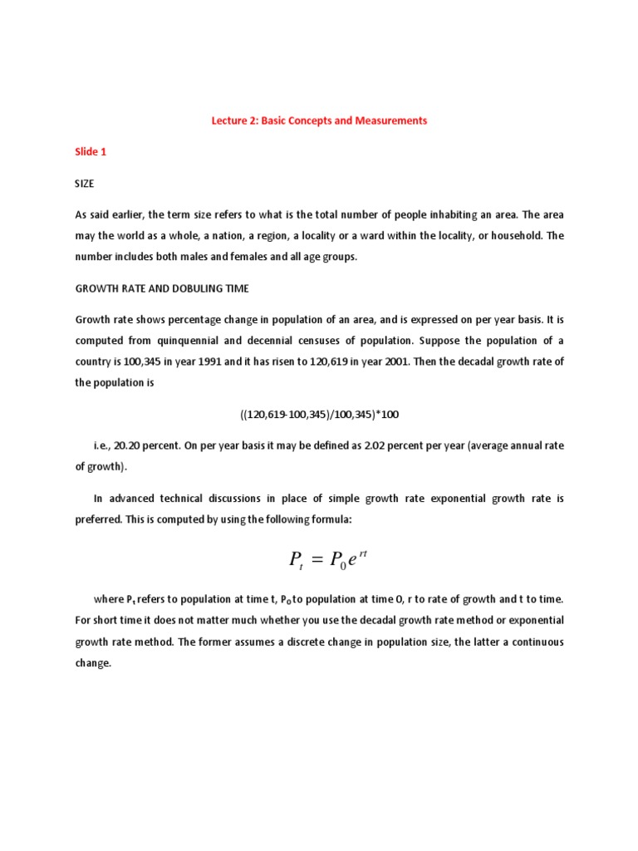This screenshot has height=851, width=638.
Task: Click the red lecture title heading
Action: [x=319, y=121]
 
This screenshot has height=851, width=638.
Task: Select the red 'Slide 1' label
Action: [x=91, y=152]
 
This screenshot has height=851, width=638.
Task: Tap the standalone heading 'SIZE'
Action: [x=85, y=184]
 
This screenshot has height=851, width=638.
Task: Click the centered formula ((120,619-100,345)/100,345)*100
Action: [x=319, y=414]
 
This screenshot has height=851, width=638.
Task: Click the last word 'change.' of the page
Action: [x=93, y=663]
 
